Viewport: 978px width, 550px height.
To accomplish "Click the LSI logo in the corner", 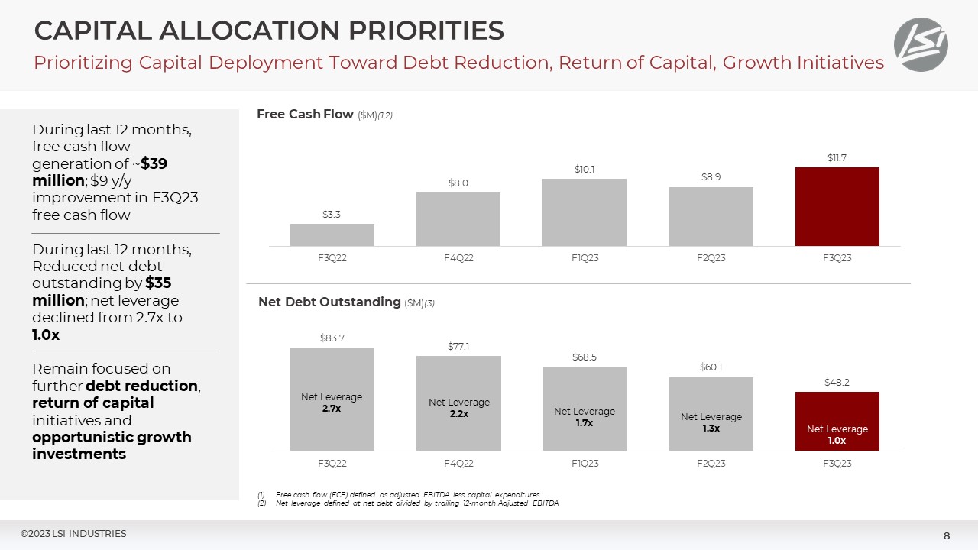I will pos(921,44).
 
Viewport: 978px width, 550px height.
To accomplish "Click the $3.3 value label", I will pos(332,215).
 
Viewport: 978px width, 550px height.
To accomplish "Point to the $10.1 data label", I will pos(585,169).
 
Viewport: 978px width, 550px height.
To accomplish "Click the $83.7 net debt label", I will pos(332,338).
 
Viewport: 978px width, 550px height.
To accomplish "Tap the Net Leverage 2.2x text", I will pos(458,408).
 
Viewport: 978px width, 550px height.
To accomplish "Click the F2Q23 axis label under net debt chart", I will pos(711,464).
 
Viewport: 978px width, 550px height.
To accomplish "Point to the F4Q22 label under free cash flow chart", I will pos(458,258).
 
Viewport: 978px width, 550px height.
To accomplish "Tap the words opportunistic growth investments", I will pos(112,445).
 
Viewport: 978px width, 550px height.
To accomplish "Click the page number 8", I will pos(947,535).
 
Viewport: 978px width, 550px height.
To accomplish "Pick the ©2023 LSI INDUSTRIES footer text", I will pos(73,534).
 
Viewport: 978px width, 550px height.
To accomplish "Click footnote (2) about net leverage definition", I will pos(413,503).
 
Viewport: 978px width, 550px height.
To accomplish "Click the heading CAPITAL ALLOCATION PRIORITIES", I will pos(269,31).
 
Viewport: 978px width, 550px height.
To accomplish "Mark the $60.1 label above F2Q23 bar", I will pos(711,367).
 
